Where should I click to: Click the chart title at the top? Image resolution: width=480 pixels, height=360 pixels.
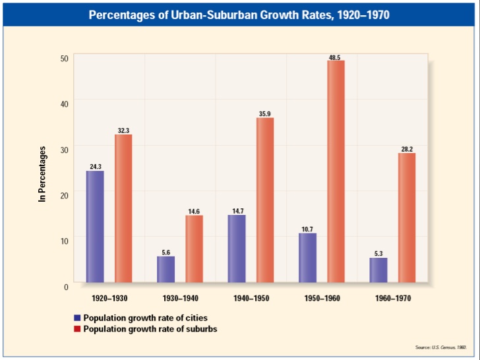click(239, 14)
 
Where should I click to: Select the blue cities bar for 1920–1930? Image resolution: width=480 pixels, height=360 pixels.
click(95, 226)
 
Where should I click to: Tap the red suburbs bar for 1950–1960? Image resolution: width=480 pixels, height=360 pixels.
click(336, 171)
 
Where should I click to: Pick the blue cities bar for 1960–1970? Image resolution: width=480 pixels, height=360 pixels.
click(378, 270)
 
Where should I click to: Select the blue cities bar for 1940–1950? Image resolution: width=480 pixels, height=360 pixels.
click(237, 249)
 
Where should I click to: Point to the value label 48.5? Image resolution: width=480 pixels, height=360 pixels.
click(334, 57)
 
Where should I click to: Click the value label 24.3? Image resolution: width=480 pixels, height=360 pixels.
click(95, 167)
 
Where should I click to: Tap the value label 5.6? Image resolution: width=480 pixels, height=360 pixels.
click(165, 252)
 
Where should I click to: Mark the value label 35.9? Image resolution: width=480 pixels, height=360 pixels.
click(265, 114)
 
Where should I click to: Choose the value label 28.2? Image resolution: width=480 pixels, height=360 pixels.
click(407, 149)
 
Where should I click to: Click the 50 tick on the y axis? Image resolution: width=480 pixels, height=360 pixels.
click(64, 58)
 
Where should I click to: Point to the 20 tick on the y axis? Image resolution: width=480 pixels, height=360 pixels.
click(64, 195)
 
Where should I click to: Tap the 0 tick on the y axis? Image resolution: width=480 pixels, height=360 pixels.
click(66, 286)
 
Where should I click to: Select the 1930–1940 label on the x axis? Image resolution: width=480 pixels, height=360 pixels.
click(180, 298)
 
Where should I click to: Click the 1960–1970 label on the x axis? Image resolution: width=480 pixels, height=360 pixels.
click(392, 298)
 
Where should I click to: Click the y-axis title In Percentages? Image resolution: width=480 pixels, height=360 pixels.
click(42, 173)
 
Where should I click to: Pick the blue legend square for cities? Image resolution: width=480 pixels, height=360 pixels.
click(77, 318)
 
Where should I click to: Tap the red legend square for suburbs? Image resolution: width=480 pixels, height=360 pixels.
click(77, 328)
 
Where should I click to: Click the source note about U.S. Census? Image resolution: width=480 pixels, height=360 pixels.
click(441, 347)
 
